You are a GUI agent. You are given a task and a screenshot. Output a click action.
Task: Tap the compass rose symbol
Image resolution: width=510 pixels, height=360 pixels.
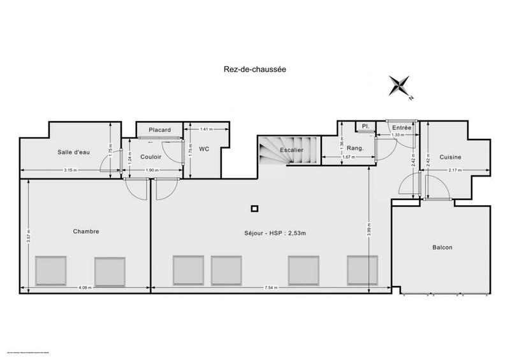tap(402, 87)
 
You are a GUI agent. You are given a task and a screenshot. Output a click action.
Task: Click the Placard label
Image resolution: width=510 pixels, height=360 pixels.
tap(159, 130)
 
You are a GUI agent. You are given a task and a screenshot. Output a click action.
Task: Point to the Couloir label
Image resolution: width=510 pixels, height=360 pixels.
tap(150, 157)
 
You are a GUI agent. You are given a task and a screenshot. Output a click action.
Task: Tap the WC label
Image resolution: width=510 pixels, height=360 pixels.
tap(204, 149)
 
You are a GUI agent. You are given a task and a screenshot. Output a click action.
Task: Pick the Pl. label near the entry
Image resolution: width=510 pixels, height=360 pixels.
tap(366, 126)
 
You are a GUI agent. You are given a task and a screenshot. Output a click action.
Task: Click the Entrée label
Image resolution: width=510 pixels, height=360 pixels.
tap(402, 127)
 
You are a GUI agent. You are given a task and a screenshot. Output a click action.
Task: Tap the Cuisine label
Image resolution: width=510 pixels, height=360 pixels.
tap(449, 157)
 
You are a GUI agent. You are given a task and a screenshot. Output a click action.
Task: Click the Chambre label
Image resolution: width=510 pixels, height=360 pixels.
tap(86, 231)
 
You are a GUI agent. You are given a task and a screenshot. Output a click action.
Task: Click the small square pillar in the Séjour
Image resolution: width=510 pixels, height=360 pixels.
tap(254, 208)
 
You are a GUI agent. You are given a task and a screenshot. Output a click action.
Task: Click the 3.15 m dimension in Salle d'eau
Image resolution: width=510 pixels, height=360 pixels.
tap(70, 170)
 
